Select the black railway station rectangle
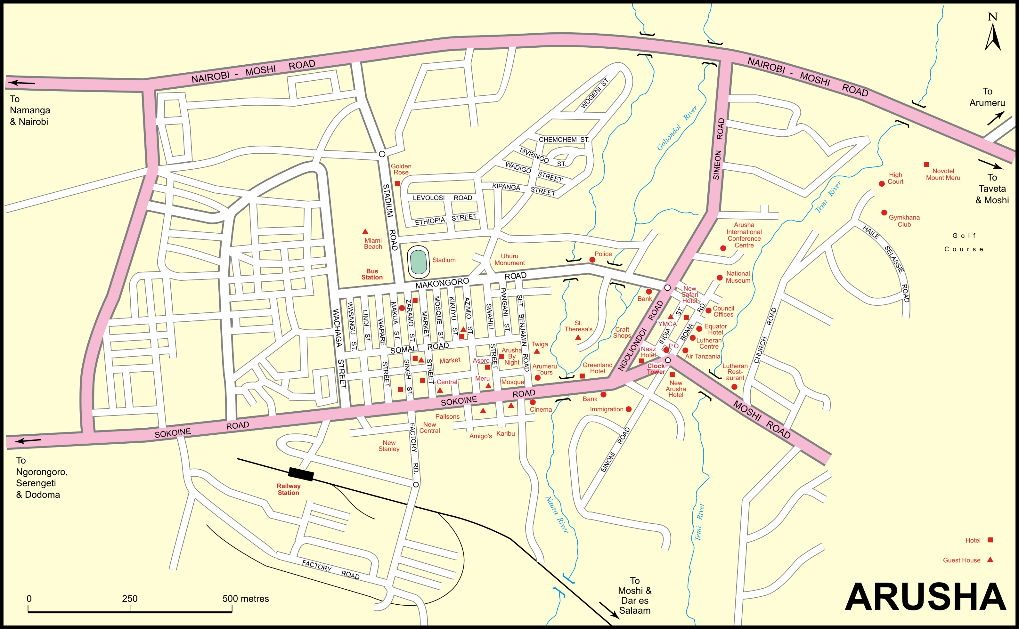point(301,473)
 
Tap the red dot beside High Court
point(881,184)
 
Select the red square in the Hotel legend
point(990,540)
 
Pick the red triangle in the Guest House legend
point(990,560)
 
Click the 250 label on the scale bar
point(130,599)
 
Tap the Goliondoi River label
point(677,128)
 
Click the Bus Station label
point(372,274)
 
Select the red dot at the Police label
point(592,260)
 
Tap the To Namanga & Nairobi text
point(29,110)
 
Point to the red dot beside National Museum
point(719,278)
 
